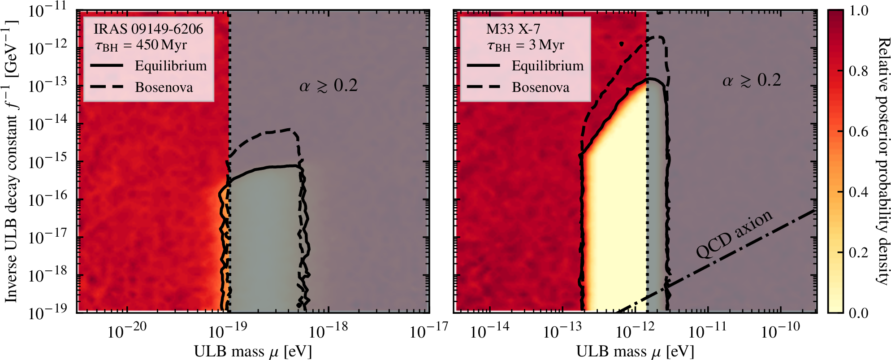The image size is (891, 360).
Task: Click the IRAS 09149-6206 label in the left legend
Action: (x=148, y=29)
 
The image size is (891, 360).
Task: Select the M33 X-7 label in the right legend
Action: (x=513, y=29)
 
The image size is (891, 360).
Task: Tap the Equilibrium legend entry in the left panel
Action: (x=171, y=66)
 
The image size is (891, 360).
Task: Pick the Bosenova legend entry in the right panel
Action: (x=541, y=87)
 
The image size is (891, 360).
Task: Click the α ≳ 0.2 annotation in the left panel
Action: (x=329, y=85)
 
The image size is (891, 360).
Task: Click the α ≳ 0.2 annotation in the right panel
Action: (x=752, y=80)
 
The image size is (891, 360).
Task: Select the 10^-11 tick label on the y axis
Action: (x=48, y=10)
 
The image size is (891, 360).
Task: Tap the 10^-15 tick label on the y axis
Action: (x=48, y=161)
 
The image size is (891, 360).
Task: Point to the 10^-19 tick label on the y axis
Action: (x=48, y=312)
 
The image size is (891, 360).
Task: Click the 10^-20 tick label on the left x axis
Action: (x=127, y=331)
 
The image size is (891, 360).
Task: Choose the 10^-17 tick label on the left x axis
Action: (x=429, y=331)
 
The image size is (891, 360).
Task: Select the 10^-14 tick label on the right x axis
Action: (x=489, y=331)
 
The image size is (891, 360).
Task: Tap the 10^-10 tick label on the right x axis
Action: (x=780, y=331)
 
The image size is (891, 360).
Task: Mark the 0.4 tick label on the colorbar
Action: (x=858, y=192)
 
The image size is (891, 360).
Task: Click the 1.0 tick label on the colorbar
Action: (x=858, y=11)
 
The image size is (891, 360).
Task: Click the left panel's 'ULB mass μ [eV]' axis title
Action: (x=252, y=351)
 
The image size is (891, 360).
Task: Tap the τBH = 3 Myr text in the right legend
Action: (x=525, y=45)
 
